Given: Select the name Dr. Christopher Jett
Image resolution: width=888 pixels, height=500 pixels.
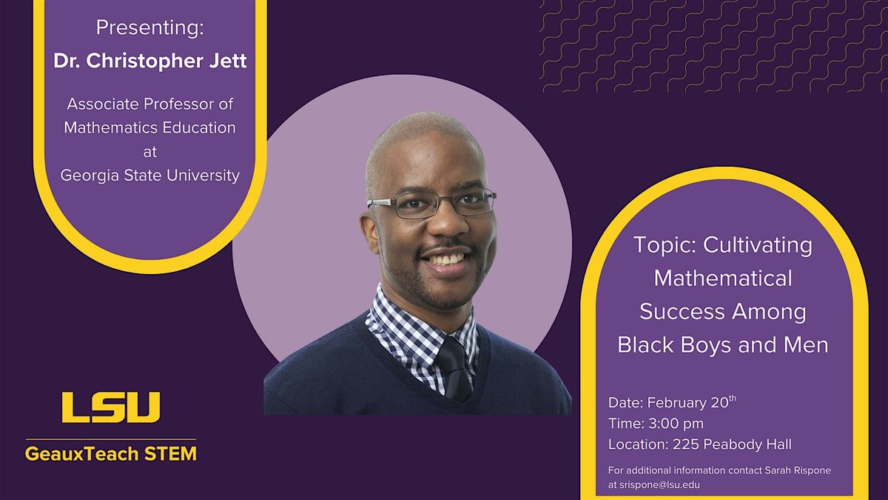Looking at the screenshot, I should (149, 61).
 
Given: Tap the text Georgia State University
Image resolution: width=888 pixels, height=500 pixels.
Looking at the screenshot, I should (149, 176).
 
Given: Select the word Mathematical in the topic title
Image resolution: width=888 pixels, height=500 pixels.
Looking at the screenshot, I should (722, 279).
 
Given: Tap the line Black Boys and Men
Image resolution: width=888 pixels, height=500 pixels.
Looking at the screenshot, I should (722, 344).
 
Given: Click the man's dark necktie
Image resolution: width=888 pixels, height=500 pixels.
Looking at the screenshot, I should (454, 367).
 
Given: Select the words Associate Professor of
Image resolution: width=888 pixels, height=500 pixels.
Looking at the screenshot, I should (149, 104).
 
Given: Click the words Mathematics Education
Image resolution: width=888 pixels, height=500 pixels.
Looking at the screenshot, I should (149, 127).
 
